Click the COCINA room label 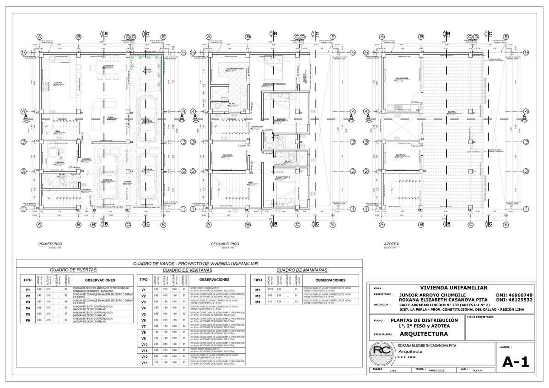[x=58, y=83]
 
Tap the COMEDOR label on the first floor [x=108, y=66]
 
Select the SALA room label [x=111, y=117]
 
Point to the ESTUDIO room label [x=59, y=162]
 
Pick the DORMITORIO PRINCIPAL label [x=274, y=84]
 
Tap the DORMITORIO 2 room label [x=283, y=176]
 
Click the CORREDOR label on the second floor [x=257, y=126]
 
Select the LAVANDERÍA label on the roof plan [x=402, y=78]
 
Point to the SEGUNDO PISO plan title [x=225, y=244]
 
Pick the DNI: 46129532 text [x=514, y=300]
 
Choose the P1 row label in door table [x=28, y=290]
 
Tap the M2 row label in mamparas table [x=258, y=296]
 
